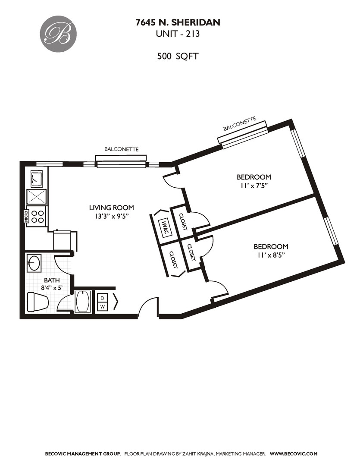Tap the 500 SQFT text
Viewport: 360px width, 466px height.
pos(178,56)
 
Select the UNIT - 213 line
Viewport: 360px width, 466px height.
pos(178,34)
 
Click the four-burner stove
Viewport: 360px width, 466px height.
pos(37,215)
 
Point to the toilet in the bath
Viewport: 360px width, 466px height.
pos(37,301)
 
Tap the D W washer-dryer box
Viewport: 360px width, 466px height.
pos(102,302)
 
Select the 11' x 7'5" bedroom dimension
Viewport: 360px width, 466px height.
pos(254,186)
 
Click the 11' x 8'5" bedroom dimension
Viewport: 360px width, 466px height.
pos(270,255)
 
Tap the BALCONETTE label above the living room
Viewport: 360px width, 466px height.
pos(121,149)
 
